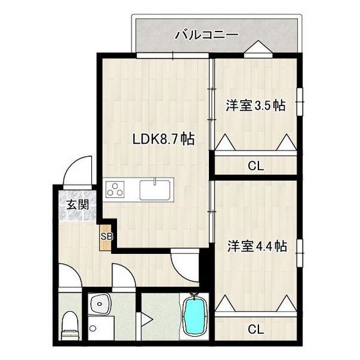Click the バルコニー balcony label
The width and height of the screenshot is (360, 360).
point(207,35)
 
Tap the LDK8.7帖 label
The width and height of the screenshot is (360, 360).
point(164,138)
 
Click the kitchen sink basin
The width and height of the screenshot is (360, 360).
point(155,190)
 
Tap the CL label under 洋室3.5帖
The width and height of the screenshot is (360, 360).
point(255,166)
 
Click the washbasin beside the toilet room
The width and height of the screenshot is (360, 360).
point(99,305)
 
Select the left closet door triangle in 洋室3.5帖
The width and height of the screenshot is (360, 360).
point(225,142)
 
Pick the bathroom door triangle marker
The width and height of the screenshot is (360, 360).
point(147,318)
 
